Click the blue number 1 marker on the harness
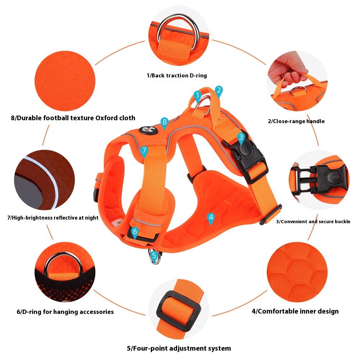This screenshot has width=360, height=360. click(x=197, y=96)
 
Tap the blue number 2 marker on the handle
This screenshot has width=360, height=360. click(x=219, y=91)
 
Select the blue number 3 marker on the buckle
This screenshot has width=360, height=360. click(x=241, y=138)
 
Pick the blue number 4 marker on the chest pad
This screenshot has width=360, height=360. click(x=211, y=218)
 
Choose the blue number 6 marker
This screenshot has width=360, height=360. click(x=135, y=232)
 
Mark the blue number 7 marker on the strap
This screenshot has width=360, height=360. click(x=144, y=151)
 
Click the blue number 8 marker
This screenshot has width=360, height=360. click(x=165, y=123)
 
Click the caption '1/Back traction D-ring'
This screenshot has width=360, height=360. click(x=177, y=76)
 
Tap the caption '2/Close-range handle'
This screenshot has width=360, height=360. click(x=296, y=121)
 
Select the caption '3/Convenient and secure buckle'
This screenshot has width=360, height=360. click(x=313, y=221)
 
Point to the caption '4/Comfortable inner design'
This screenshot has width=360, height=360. click(x=295, y=311)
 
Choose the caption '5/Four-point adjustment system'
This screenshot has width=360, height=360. click(x=179, y=348)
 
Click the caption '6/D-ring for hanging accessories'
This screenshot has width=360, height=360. click(x=65, y=312)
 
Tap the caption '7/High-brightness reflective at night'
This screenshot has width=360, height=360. click(x=53, y=218)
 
